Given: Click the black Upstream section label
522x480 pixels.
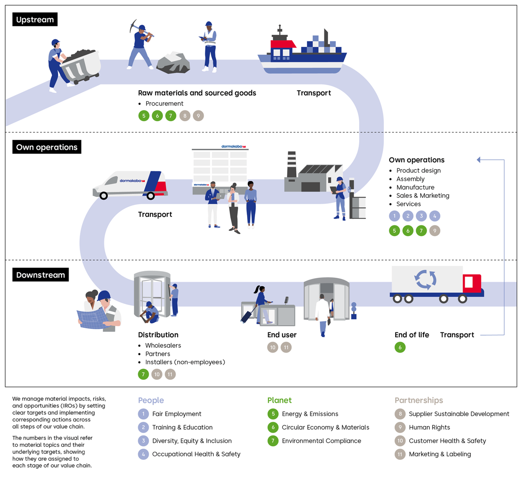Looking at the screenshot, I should point(35,19).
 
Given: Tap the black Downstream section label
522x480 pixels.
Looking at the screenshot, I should point(40,275).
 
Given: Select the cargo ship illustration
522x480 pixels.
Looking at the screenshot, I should point(302,53).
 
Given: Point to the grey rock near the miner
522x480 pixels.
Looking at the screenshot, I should point(173,63).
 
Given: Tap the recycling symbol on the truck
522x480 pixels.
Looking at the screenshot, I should point(425,279).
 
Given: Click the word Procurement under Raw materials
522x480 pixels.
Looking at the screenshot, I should point(164,104).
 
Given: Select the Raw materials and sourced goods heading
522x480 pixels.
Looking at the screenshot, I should point(197,93).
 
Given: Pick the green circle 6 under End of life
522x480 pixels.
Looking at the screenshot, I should point(400,347).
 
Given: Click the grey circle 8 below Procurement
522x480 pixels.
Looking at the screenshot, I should point(185,116).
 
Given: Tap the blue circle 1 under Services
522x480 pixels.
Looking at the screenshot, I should point(394,216).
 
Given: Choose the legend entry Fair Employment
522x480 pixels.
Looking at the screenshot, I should point(176,414).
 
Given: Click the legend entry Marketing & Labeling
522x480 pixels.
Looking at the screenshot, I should point(439,454).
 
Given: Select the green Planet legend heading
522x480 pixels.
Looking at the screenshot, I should point(280,400).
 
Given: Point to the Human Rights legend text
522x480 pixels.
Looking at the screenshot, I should point(429,427).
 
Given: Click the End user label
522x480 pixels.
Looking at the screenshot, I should point(282,335).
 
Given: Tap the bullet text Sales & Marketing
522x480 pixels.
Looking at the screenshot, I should point(423,195).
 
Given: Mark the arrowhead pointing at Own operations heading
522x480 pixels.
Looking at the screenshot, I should point(479,160).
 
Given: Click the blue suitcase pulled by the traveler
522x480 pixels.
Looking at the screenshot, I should point(247,316).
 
